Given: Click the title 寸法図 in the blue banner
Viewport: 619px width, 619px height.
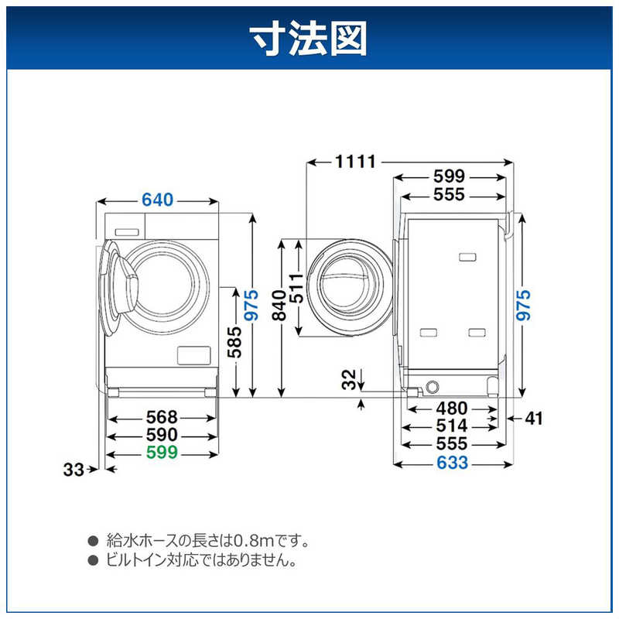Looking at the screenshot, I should [309, 36].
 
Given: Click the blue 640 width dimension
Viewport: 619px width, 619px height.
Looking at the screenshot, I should [157, 200].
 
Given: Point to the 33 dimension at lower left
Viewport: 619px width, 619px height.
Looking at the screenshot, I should [74, 469].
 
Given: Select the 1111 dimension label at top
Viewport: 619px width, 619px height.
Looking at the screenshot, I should [355, 162].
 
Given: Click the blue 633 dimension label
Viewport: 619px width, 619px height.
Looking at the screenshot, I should [452, 463].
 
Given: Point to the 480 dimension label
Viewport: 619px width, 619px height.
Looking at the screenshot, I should [452, 408].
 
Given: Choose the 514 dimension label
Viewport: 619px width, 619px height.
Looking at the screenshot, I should [452, 426].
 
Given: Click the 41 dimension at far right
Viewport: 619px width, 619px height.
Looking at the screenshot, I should [534, 419].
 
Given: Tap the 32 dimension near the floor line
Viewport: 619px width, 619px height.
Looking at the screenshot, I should [350, 379].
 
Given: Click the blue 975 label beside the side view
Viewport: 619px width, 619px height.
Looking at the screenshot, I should [525, 306].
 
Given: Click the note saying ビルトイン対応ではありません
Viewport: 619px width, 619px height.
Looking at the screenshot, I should [200, 559].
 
